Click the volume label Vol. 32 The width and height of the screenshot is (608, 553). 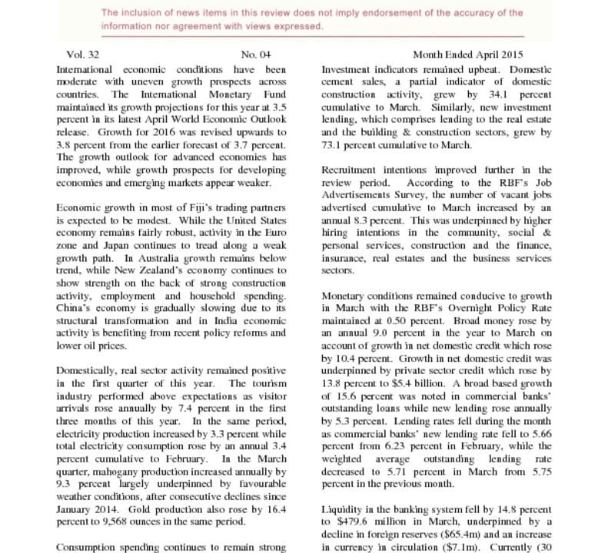[83, 55]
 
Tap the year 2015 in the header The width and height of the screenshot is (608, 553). [509, 55]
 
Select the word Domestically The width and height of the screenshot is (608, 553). [90, 370]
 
